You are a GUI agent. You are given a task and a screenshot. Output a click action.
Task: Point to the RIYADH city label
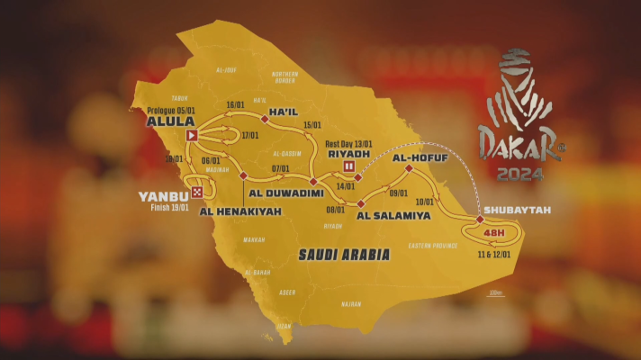pos(348,154)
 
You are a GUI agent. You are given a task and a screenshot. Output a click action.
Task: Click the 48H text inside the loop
pos(494,233)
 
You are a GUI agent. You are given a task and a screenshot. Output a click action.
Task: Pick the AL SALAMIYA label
pos(393,216)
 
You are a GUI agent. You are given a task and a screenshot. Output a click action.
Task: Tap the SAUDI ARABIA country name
pos(345,256)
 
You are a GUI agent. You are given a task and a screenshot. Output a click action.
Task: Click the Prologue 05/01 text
pos(173,110)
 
